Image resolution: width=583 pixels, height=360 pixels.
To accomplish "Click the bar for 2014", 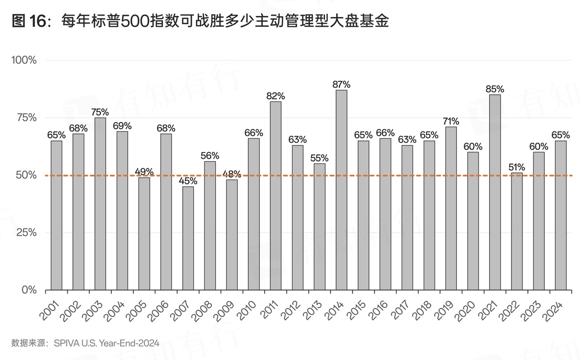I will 341,190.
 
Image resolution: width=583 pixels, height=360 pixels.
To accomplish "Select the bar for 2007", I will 188,238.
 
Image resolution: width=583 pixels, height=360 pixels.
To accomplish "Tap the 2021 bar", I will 495,192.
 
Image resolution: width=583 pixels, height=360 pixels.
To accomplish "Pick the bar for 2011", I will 276,196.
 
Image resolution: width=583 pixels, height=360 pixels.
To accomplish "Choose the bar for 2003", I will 100,203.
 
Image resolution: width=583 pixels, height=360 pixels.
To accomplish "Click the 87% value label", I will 341,85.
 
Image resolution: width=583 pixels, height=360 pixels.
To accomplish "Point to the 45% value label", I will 188,181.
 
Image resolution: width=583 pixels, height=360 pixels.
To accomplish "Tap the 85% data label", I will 495,89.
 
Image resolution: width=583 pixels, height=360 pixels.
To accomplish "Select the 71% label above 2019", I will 451,122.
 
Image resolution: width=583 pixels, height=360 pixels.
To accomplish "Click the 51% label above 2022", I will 517,167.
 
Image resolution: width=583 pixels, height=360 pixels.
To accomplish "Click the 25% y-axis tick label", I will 26,233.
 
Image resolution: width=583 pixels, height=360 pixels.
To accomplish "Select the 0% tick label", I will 29,290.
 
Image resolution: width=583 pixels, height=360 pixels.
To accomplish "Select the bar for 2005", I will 144,233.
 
